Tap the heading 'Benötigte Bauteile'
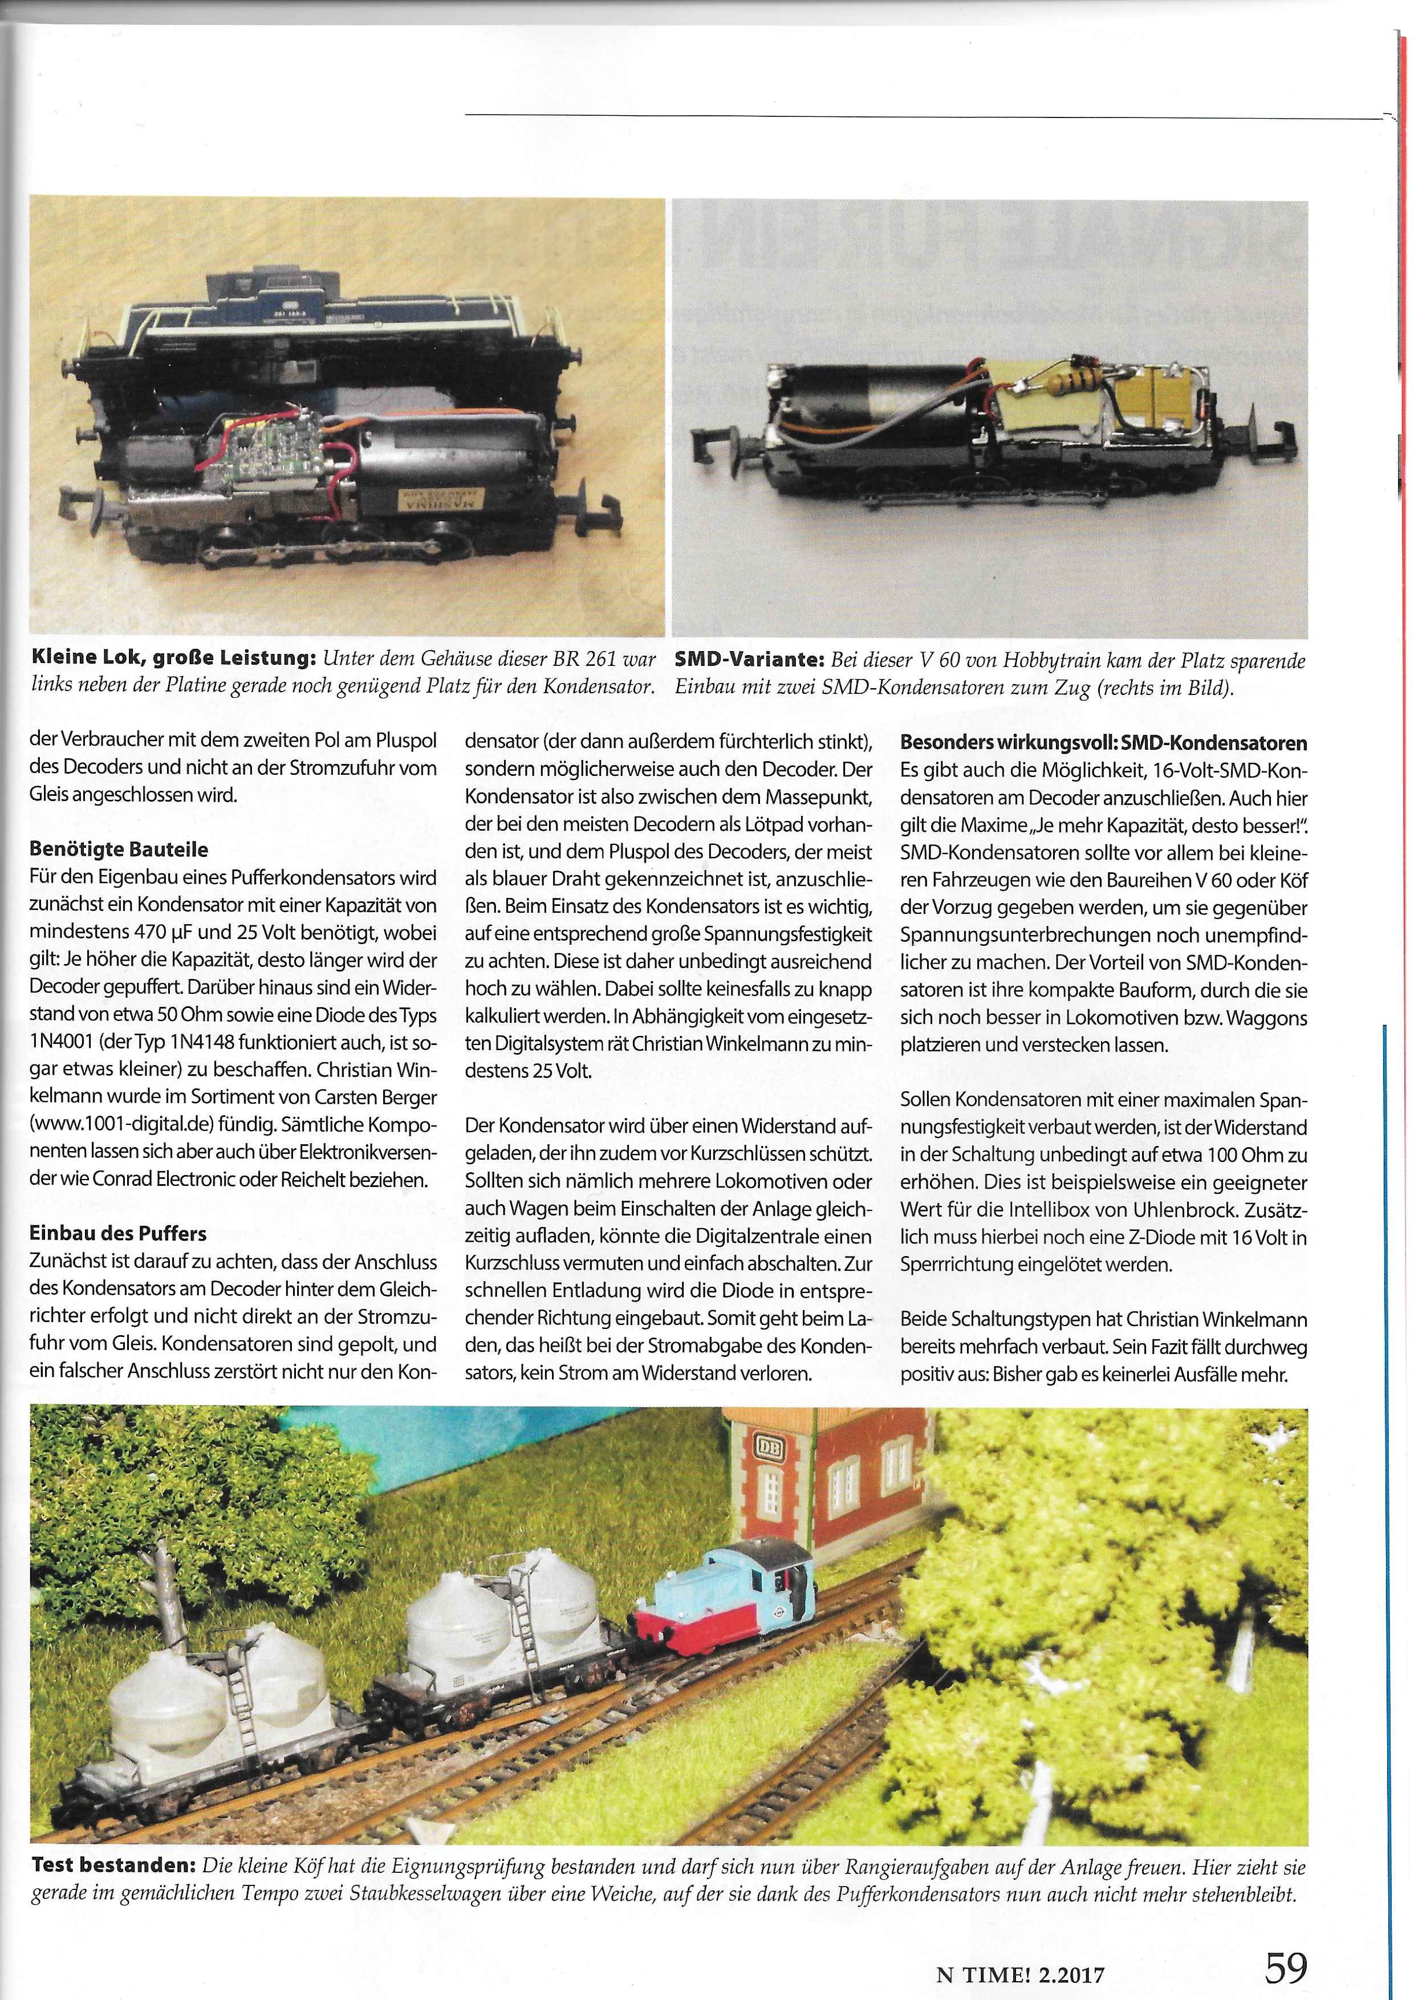click(119, 848)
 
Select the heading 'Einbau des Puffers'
click(117, 1233)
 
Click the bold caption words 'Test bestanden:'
click(113, 1867)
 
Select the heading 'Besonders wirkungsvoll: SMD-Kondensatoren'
click(1103, 743)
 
